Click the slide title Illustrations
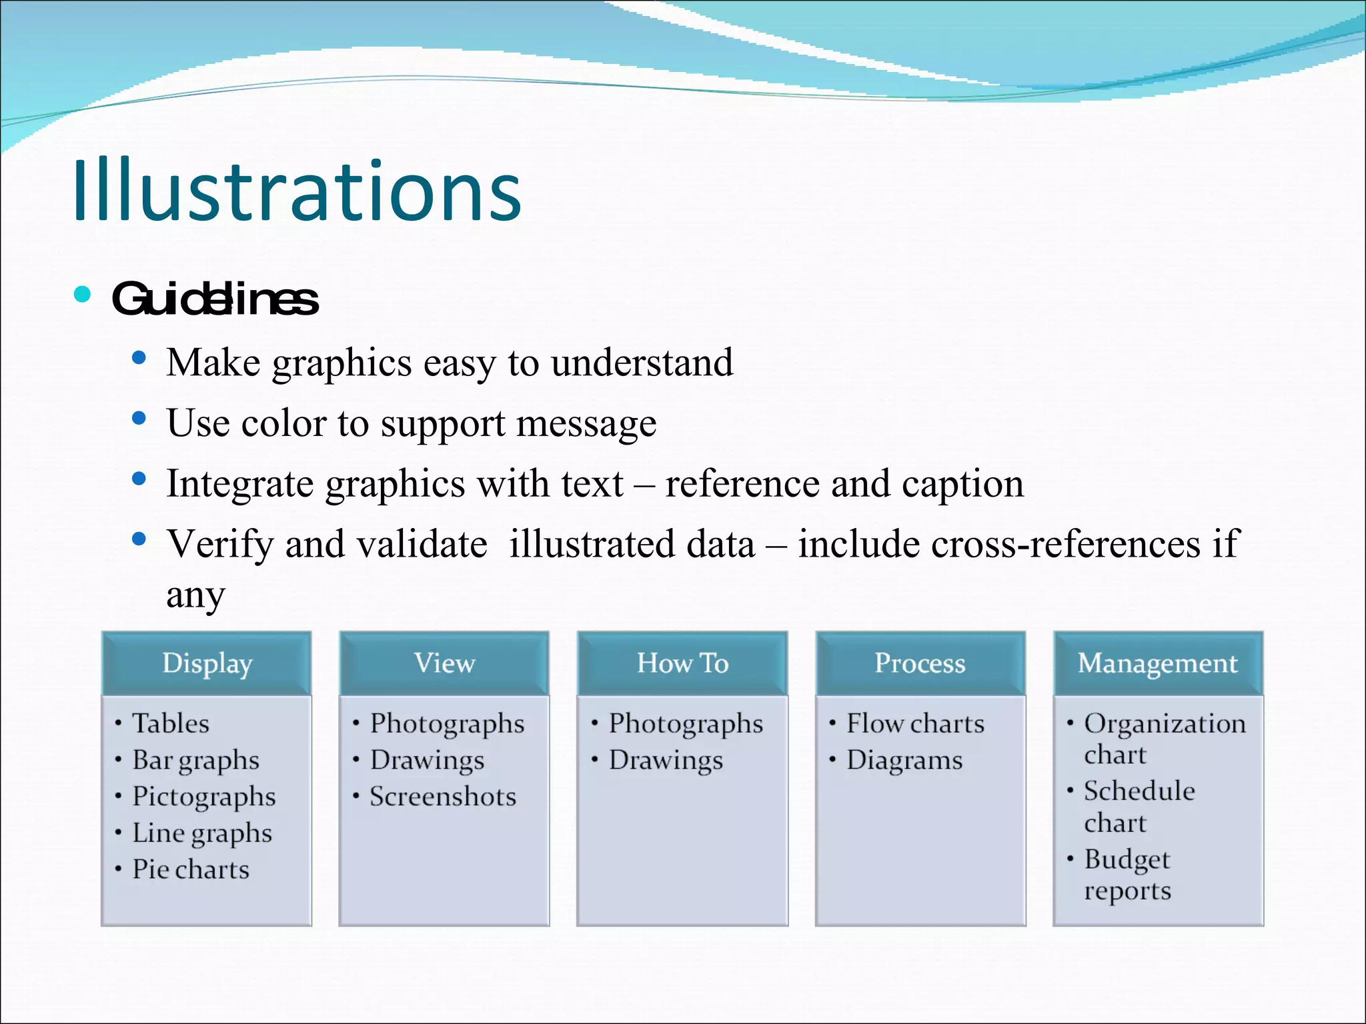tap(297, 192)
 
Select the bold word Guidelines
tap(215, 299)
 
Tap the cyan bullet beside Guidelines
tap(83, 294)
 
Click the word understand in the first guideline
tap(642, 363)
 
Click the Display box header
tap(207, 663)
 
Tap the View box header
tap(444, 663)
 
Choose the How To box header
tap(682, 663)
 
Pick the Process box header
tap(920, 663)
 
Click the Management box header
tap(1158, 663)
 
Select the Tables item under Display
tap(171, 723)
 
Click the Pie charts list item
tap(191, 869)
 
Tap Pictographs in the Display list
tap(203, 797)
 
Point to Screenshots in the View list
tap(443, 797)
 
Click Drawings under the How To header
tap(666, 761)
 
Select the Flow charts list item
tap(915, 723)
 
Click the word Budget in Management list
tap(1127, 859)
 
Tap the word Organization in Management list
tap(1165, 723)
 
